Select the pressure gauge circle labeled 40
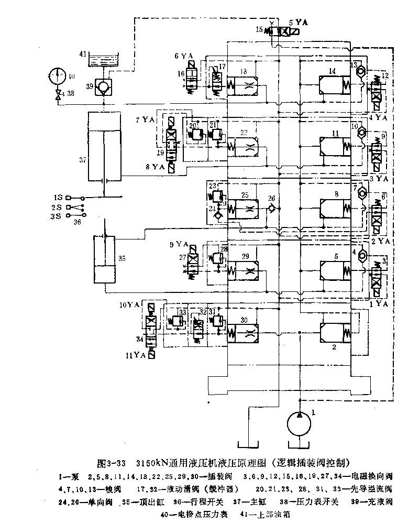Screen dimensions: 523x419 [58, 75]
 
